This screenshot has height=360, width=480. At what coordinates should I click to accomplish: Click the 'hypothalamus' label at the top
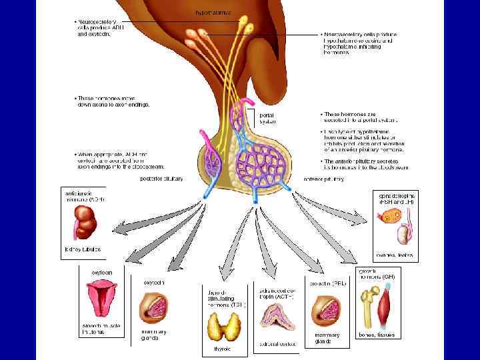pos(211,12)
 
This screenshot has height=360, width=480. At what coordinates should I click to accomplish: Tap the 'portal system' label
pos(267,118)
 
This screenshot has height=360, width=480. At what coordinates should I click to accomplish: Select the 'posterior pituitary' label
pos(161,179)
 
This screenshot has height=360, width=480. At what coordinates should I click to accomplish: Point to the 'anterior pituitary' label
pos(323,179)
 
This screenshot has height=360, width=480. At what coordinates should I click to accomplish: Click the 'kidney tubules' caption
pos(82,249)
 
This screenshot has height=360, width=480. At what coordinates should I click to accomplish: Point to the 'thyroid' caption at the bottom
pos(222,349)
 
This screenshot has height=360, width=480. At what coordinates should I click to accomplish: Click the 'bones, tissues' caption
pos(377,334)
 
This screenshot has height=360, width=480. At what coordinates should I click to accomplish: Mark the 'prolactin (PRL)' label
pos(328,283)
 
